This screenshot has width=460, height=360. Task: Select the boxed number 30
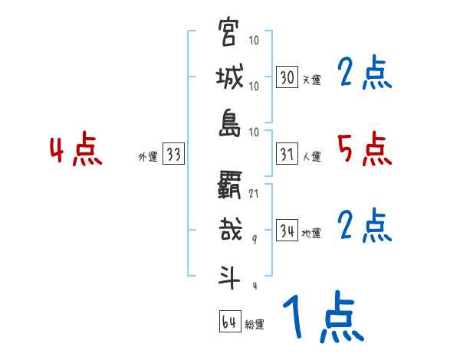click(x=287, y=77)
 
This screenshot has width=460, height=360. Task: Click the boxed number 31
click(x=287, y=155)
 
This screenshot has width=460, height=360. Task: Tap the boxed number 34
click(x=287, y=231)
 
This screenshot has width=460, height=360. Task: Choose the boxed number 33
click(x=173, y=155)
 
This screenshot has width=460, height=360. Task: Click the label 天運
click(x=311, y=80)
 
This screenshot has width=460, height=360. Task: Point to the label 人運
click(x=311, y=157)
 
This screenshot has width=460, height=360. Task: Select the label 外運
click(x=148, y=157)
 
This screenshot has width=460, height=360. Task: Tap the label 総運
click(x=254, y=325)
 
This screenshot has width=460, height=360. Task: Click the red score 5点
click(x=364, y=149)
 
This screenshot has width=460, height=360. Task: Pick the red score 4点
click(x=76, y=151)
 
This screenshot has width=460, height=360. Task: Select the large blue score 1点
click(x=322, y=318)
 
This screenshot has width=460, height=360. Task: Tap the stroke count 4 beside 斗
click(x=254, y=286)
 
